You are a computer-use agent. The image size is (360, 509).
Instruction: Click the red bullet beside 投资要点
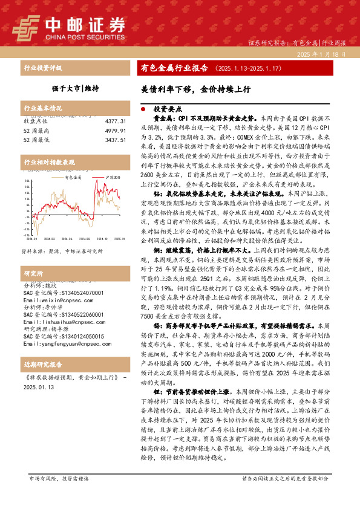tap(143, 109)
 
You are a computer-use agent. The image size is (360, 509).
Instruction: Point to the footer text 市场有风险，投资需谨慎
tap(59, 494)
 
